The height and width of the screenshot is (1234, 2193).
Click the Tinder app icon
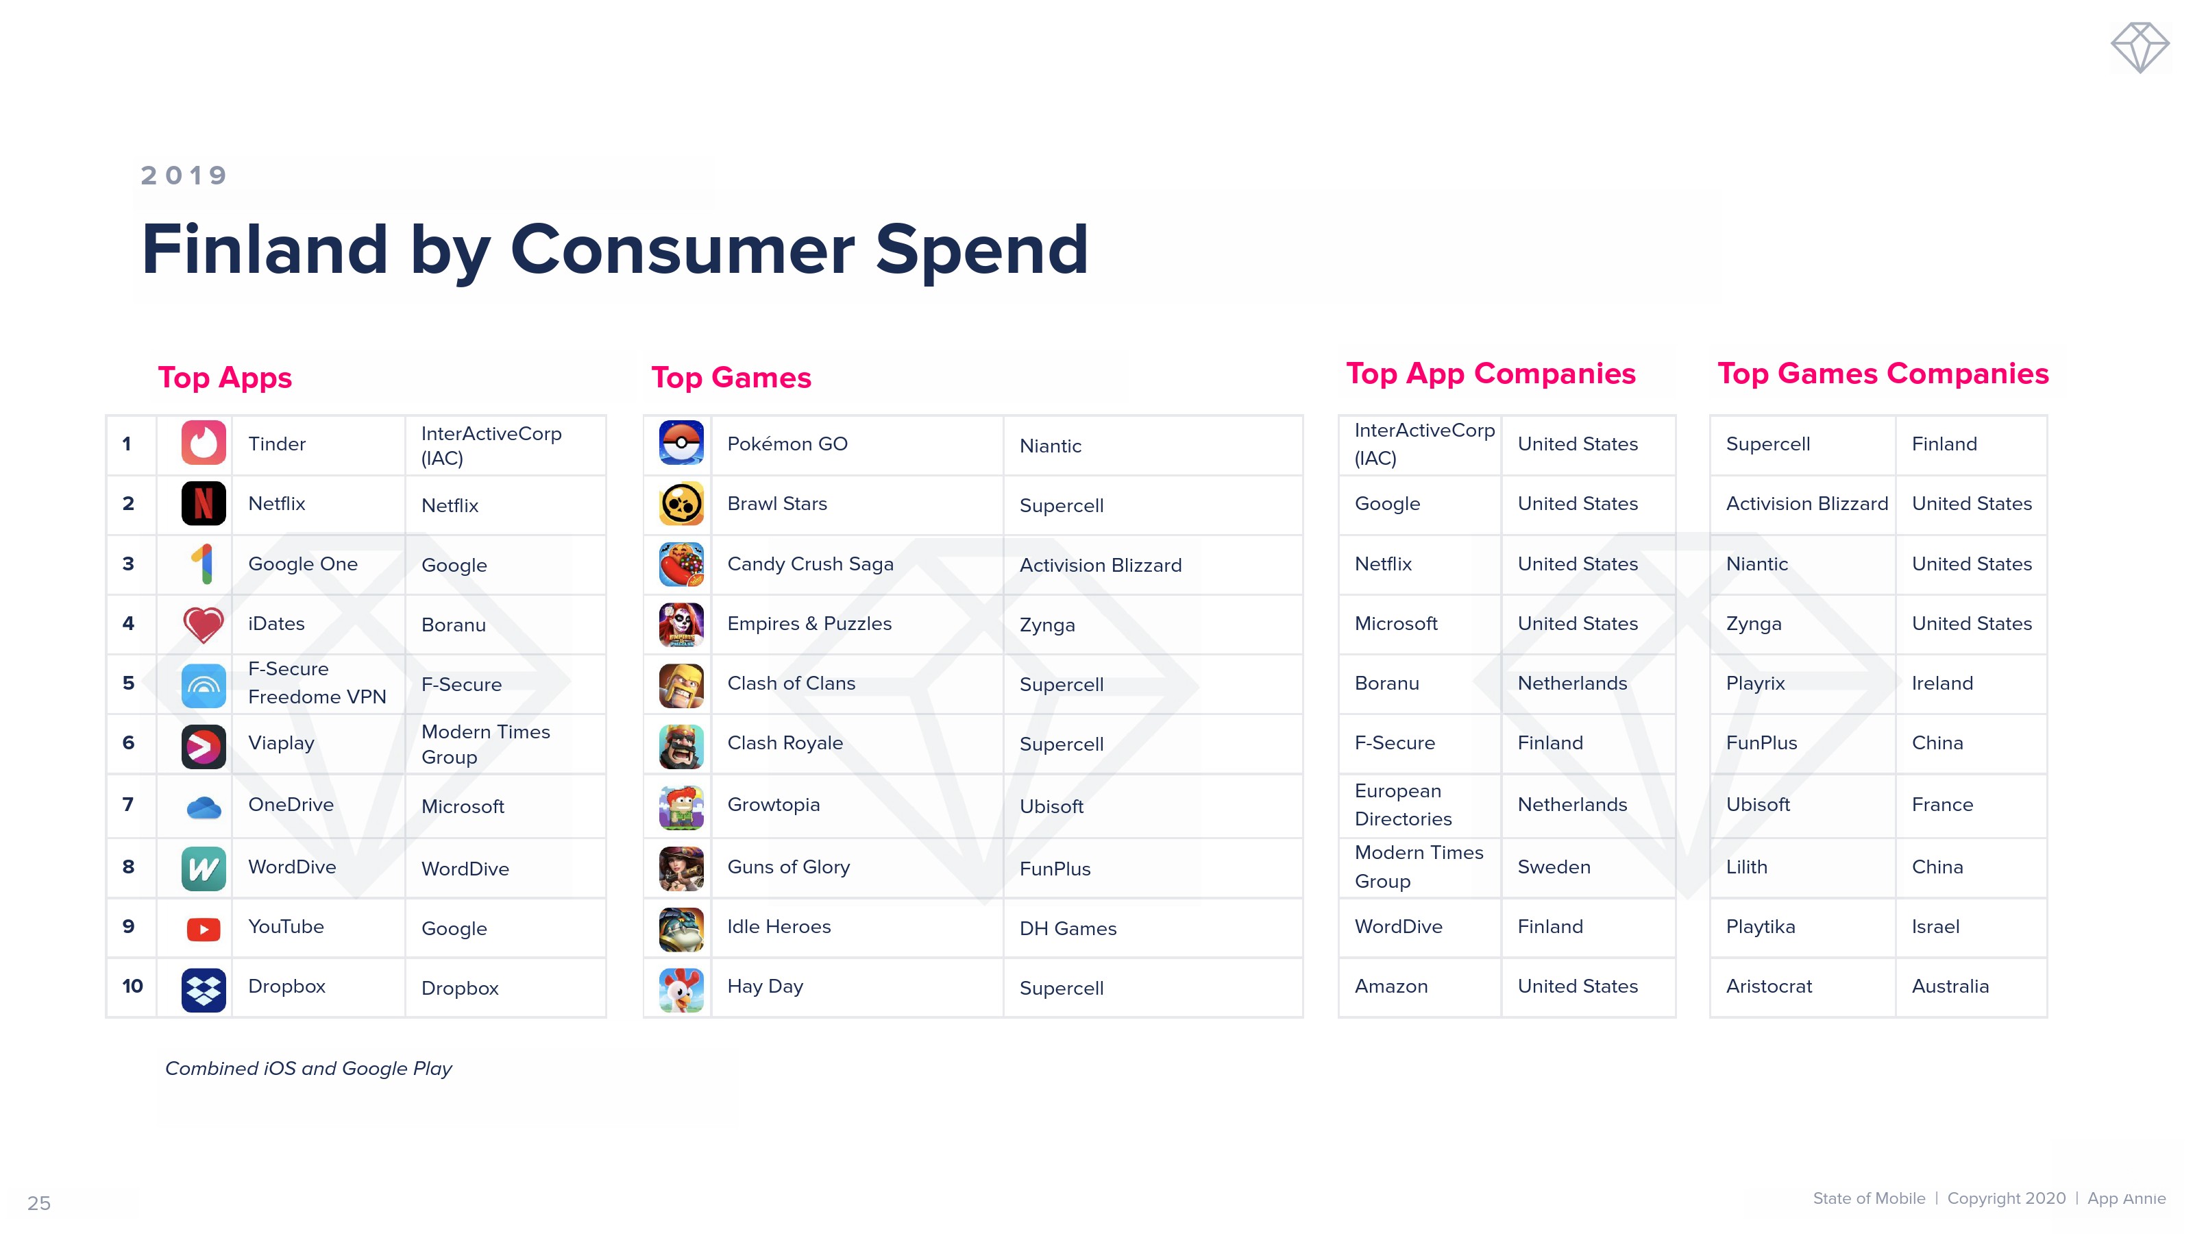[204, 443]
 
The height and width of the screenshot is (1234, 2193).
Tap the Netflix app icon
[204, 503]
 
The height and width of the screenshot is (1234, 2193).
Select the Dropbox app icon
[204, 989]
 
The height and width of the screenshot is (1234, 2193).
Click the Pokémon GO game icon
[681, 443]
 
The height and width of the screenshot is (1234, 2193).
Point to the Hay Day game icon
[681, 989]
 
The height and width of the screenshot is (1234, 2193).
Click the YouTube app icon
[204, 929]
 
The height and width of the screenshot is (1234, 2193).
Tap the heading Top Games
[731, 377]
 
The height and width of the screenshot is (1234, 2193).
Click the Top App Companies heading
[1491, 373]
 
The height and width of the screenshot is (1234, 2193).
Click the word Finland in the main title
[265, 249]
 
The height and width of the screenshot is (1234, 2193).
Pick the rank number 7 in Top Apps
[129, 805]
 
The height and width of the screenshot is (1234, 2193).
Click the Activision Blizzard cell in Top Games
[1101, 566]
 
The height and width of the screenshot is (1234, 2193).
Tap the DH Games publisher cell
[1068, 929]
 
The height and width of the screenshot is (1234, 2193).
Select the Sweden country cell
[1554, 867]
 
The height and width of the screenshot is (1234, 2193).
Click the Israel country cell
[1935, 927]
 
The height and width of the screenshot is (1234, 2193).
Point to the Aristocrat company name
[1769, 987]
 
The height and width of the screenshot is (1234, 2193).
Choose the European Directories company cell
[1403, 805]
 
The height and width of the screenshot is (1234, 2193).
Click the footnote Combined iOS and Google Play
[308, 1069]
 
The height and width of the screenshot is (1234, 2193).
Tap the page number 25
[39, 1203]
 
